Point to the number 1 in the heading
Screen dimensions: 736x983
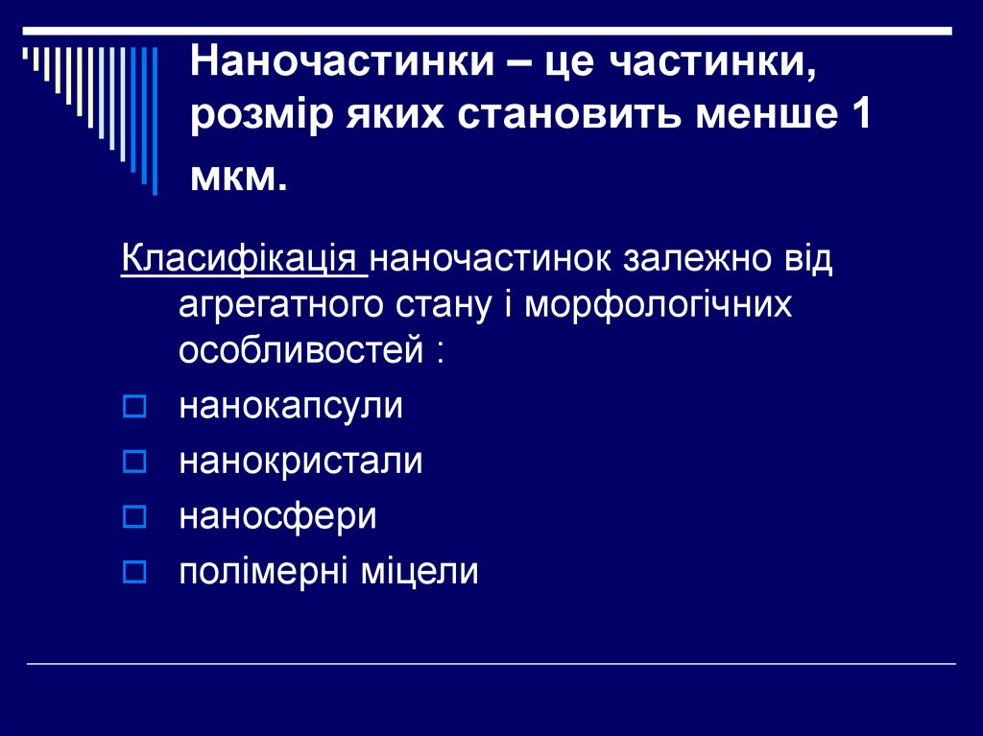pos(858,119)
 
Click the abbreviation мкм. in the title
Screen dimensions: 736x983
pos(239,176)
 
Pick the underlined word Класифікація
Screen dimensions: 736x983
pos(242,260)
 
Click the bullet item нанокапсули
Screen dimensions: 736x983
pos(291,407)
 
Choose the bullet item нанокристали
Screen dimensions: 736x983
pos(300,463)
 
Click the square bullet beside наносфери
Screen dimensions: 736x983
pos(133,519)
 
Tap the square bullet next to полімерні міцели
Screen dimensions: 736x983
pos(133,574)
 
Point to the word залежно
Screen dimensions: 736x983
pos(694,260)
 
